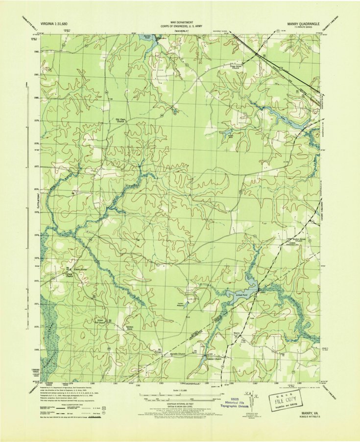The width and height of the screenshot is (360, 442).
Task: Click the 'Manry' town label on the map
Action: (237, 333)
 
